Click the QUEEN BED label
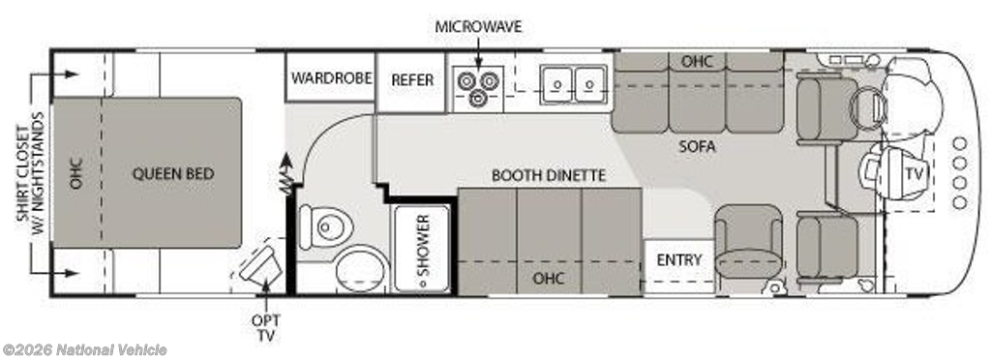pyautogui.click(x=172, y=173)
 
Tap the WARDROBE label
pyautogui.click(x=331, y=78)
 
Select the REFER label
pyautogui.click(x=412, y=80)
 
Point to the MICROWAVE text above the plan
pyautogui.click(x=478, y=26)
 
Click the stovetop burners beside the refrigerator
pyautogui.click(x=478, y=87)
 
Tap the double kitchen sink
pyautogui.click(x=574, y=84)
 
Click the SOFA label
pyautogui.click(x=697, y=147)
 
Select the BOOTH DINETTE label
pyautogui.click(x=549, y=175)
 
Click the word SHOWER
pyautogui.click(x=423, y=245)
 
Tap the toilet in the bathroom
pyautogui.click(x=325, y=226)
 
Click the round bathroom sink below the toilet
pyautogui.click(x=361, y=268)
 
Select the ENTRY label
pyautogui.click(x=679, y=259)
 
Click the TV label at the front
pyautogui.click(x=912, y=173)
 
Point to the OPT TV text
pyautogui.click(x=266, y=328)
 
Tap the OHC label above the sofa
pyautogui.click(x=698, y=61)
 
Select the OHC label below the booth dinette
pyautogui.click(x=549, y=278)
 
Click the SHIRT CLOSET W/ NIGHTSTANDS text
pyautogui.click(x=31, y=173)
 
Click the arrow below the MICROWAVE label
pyautogui.click(x=478, y=52)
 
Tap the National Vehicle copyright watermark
pyautogui.click(x=85, y=350)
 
